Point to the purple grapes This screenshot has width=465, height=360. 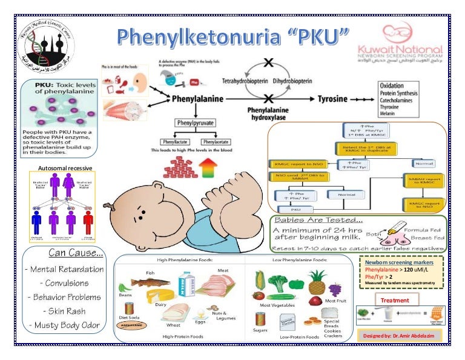(x=335, y=290)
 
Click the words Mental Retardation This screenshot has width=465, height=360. (x=64, y=269)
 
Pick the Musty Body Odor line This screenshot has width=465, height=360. (x=64, y=325)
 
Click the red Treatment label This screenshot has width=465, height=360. (x=395, y=300)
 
